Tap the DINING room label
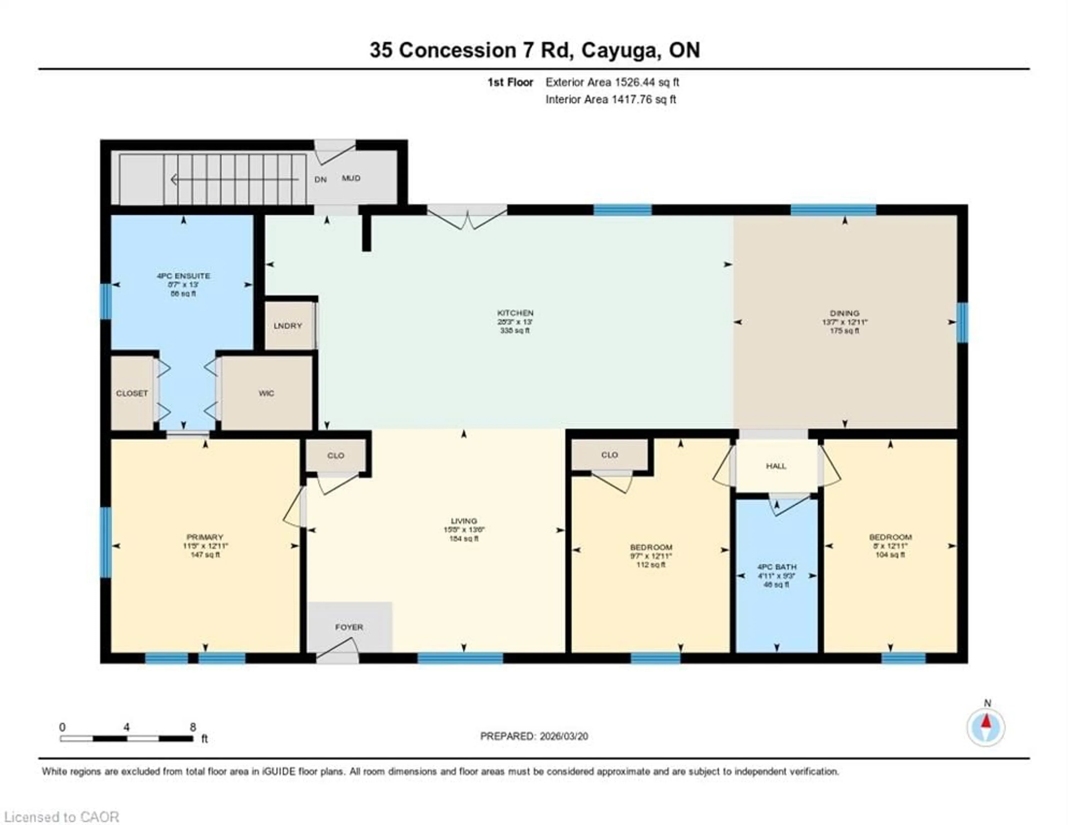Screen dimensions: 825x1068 pyautogui.click(x=844, y=313)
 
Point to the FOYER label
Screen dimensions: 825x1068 pyautogui.click(x=349, y=627)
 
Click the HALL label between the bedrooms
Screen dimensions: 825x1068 pyautogui.click(x=776, y=466)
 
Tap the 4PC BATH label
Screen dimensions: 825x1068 pyautogui.click(x=777, y=567)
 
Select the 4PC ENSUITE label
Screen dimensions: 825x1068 pyautogui.click(x=183, y=276)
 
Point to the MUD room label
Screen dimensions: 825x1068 pyautogui.click(x=351, y=178)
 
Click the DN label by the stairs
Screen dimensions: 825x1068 pyautogui.click(x=320, y=179)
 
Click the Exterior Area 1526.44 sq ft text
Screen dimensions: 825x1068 pyautogui.click(x=612, y=82)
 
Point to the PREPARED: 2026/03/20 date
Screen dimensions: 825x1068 pyautogui.click(x=534, y=736)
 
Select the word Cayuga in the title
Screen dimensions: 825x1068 pyautogui.click(x=620, y=50)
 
